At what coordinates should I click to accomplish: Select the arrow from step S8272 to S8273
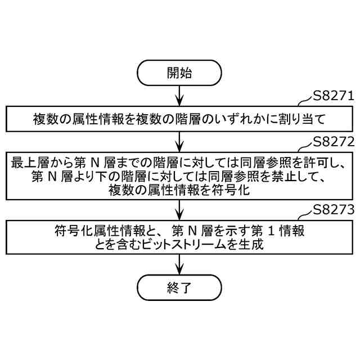(179, 210)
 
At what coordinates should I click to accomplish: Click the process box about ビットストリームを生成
(179, 237)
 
